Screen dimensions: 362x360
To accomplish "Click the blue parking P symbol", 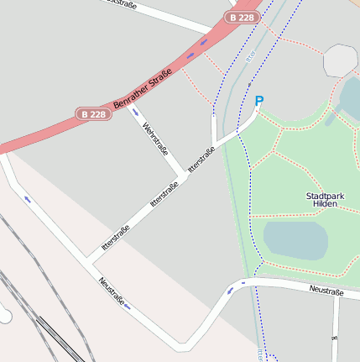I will tap(259, 102).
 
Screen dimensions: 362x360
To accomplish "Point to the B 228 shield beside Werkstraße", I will tap(94, 113).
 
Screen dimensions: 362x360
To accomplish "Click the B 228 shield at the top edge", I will tap(241, 18).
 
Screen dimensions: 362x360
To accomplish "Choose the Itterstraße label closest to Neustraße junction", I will tap(115, 239).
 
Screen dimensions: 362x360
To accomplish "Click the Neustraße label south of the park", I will tap(326, 290).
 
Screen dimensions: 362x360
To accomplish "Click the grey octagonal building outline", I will tap(341, 60).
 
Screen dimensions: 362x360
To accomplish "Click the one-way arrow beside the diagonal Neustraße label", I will tap(128, 307).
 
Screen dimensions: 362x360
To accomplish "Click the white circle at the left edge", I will tap(4, 317).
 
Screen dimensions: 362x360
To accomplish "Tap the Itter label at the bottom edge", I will tap(262, 356).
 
